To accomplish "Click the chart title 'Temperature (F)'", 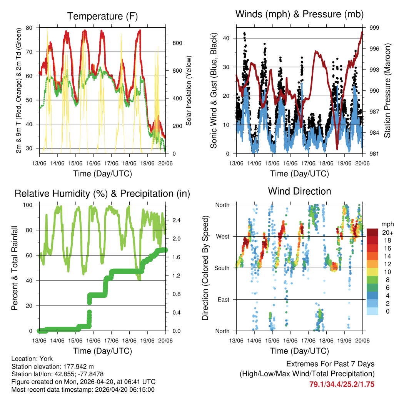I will tap(102, 16).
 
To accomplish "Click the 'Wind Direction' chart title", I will tap(299, 191).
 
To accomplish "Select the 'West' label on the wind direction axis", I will tap(222, 236).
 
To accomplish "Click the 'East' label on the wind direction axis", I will tap(224, 299).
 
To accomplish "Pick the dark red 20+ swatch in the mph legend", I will tap(372, 232).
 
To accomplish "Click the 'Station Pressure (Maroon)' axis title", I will tap(387, 91).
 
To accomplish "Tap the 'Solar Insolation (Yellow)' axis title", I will tap(189, 91).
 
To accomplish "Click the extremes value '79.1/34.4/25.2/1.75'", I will tap(342, 384).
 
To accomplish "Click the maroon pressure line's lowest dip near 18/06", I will tap(337, 149).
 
